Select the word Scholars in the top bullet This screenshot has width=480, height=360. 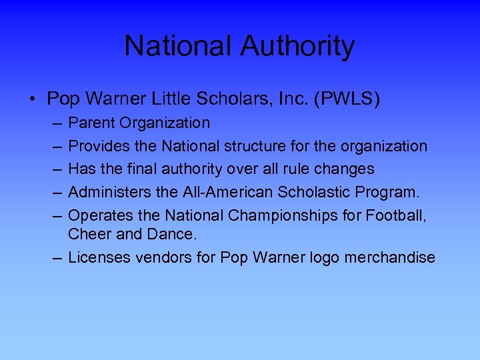227,99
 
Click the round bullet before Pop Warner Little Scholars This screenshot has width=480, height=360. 32,100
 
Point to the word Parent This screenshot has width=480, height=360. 91,123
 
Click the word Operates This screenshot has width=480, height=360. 98,216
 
